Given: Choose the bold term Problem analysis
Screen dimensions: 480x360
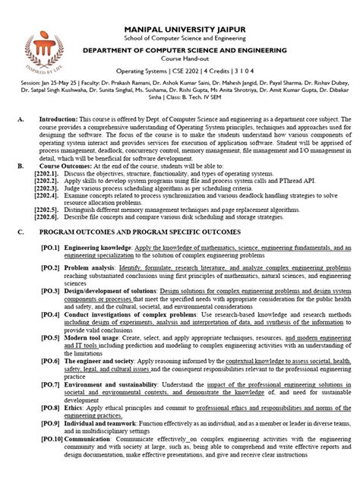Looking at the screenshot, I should pyautogui.click(x=90, y=269).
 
